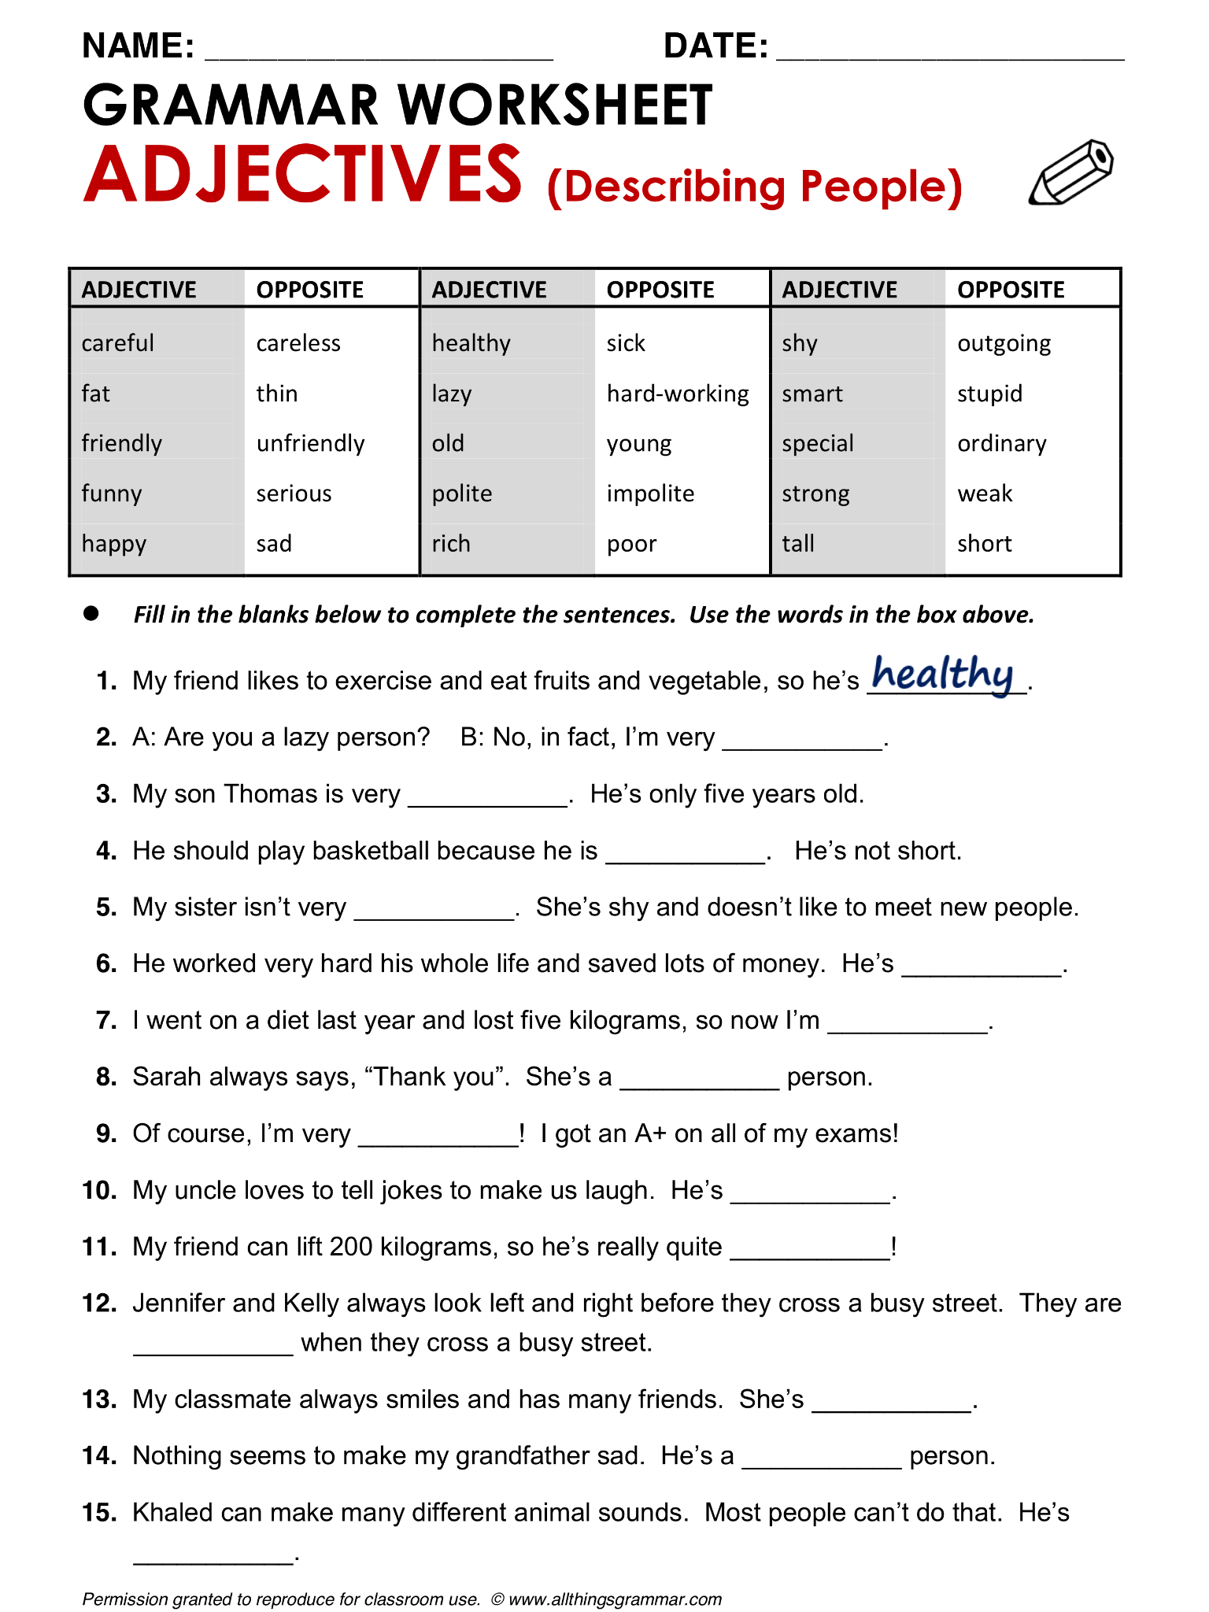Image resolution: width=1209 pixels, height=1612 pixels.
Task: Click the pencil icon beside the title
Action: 1071,172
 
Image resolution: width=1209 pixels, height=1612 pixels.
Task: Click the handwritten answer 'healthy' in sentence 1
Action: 942,674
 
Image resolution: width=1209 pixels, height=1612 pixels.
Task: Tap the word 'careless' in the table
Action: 298,343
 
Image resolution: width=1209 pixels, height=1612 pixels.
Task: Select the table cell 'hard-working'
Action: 678,394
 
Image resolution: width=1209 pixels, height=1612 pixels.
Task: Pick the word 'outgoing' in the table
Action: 1004,344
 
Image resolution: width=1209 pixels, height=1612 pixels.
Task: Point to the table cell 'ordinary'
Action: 1001,444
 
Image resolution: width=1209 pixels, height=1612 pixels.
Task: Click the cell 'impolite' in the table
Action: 650,494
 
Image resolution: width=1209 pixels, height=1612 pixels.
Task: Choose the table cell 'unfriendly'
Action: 310,444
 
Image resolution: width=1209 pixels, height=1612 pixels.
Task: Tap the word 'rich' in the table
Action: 451,544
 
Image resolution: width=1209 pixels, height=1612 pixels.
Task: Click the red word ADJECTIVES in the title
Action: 303,175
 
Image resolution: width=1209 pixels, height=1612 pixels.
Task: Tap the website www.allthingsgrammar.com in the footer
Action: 615,1599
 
